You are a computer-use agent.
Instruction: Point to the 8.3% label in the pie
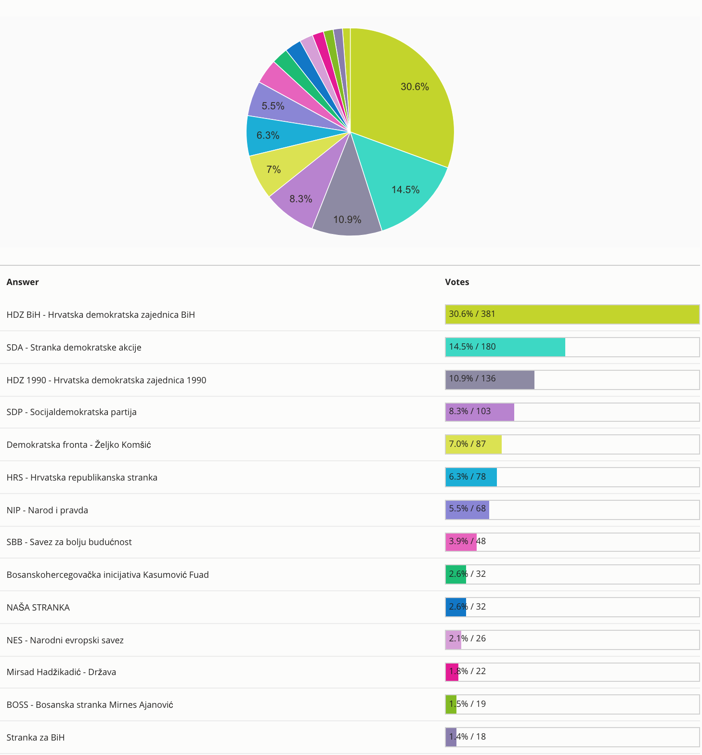click(x=301, y=199)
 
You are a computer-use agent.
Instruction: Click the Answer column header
click(x=23, y=282)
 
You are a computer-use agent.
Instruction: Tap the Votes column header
click(x=457, y=282)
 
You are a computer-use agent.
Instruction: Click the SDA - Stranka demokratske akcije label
click(x=74, y=348)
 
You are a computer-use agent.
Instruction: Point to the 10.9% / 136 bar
click(x=490, y=379)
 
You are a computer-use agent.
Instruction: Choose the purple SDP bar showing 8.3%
click(x=480, y=412)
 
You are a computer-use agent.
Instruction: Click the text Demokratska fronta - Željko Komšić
click(x=79, y=445)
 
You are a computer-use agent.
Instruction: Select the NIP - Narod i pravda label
click(x=47, y=510)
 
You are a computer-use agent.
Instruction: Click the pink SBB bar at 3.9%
click(x=461, y=542)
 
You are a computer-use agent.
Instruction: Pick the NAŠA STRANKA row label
click(x=38, y=608)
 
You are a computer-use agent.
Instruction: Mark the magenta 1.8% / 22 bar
click(x=452, y=672)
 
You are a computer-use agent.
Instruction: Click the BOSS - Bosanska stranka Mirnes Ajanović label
click(x=90, y=705)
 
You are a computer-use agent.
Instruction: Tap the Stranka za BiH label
click(x=36, y=738)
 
